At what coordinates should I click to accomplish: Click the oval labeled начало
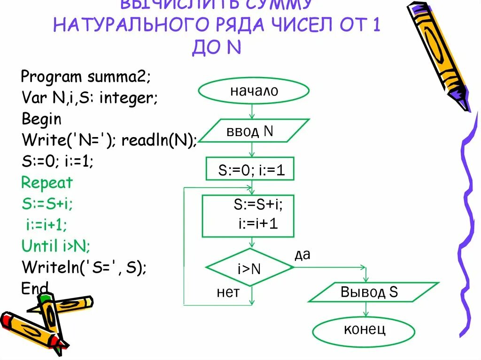pos(254,91)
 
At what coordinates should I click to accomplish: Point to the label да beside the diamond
pos(303,254)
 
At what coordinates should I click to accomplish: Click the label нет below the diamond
pos(228,292)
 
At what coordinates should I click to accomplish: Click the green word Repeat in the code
pos(47,183)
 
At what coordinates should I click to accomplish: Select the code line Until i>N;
pos(56,245)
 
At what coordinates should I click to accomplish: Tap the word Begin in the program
pos(41,119)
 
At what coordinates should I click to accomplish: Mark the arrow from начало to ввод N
pos(253,112)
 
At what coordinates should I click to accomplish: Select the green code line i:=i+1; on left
pos(47,224)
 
